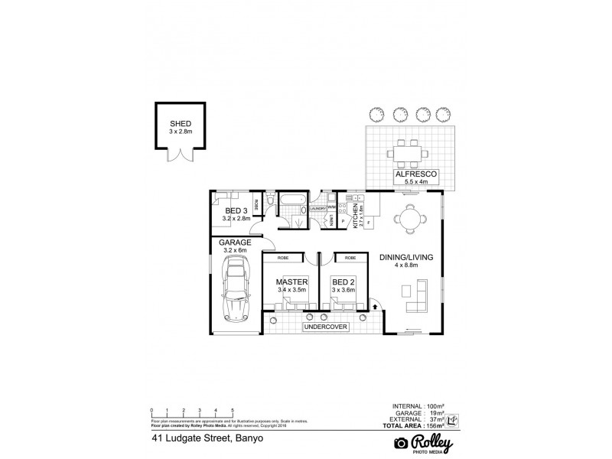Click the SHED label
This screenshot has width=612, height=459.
[181, 123]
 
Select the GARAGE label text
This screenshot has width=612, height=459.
[236, 242]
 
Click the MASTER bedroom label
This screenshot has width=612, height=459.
[291, 282]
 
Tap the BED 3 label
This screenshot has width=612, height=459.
[235, 210]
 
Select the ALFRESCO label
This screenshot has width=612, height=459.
[415, 175]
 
